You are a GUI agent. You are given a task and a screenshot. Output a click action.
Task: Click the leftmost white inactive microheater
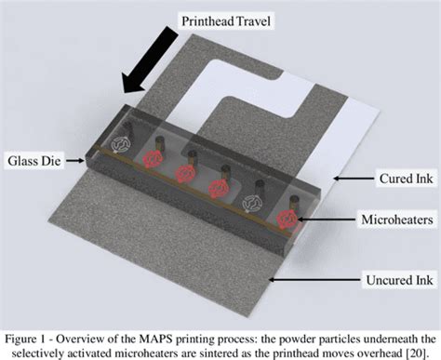pos(119,144)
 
